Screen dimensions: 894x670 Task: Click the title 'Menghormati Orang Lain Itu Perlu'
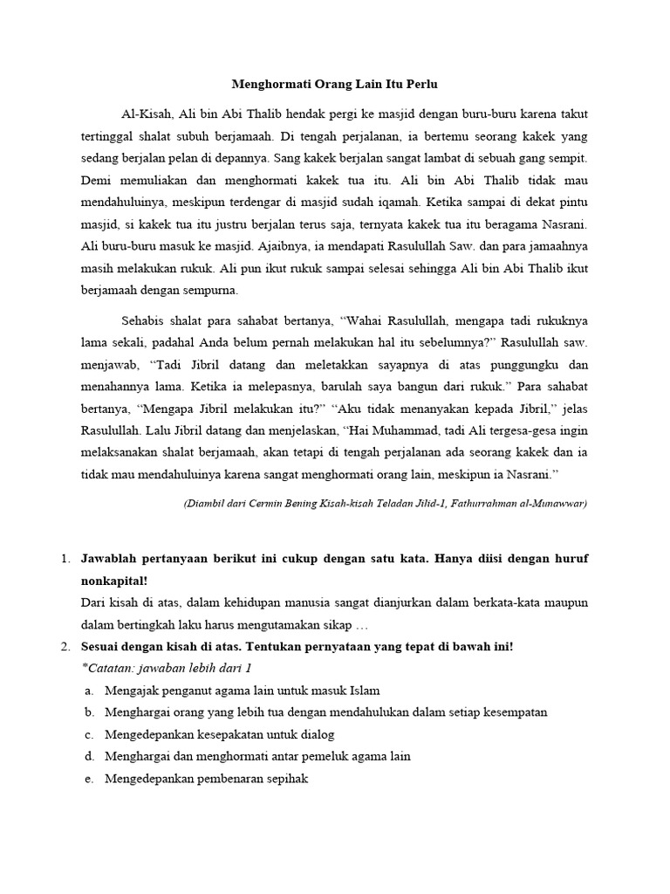(x=334, y=85)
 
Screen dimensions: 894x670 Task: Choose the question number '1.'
(x=65, y=558)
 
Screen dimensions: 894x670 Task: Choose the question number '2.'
(x=65, y=647)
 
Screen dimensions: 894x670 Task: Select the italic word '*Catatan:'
(x=106, y=669)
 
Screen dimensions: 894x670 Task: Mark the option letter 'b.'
(x=90, y=712)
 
